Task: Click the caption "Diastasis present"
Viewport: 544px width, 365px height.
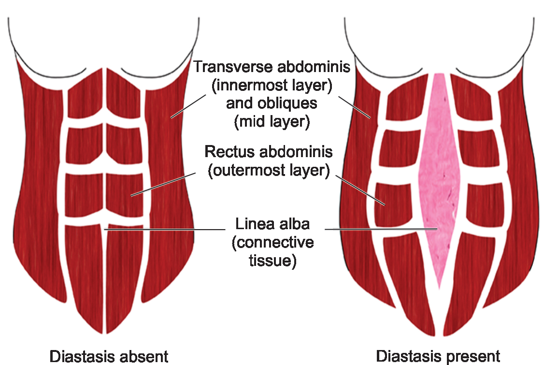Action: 438,357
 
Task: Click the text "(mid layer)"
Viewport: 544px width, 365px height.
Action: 272,121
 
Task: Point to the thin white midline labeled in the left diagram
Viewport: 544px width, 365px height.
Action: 104,280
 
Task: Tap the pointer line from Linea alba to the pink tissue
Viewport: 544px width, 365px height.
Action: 382,228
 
